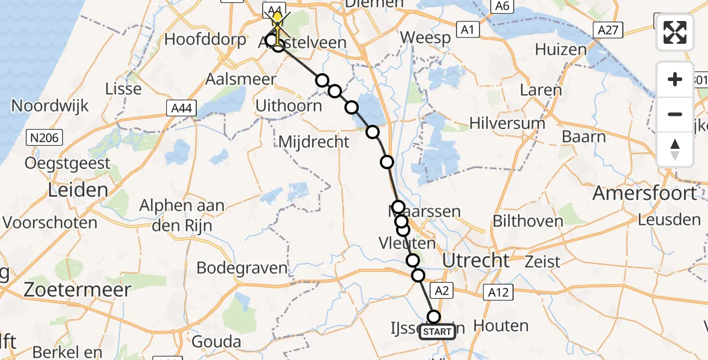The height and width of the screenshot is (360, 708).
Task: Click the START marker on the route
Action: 437,331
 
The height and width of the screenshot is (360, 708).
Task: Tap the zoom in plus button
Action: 675,80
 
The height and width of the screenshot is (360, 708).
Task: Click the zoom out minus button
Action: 675,114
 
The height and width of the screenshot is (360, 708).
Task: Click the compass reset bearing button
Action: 675,149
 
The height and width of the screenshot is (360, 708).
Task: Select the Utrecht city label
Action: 476,260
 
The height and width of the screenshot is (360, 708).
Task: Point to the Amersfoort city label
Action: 645,193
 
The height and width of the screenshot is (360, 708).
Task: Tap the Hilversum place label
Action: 507,124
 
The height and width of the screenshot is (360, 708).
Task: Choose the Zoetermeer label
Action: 77,290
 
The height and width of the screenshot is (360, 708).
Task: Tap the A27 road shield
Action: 608,29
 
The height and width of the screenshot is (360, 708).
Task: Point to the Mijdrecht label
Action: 314,142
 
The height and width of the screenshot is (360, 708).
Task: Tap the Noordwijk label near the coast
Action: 50,106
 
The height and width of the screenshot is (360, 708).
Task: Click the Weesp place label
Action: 425,38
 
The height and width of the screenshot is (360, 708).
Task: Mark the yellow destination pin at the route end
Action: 277,15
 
